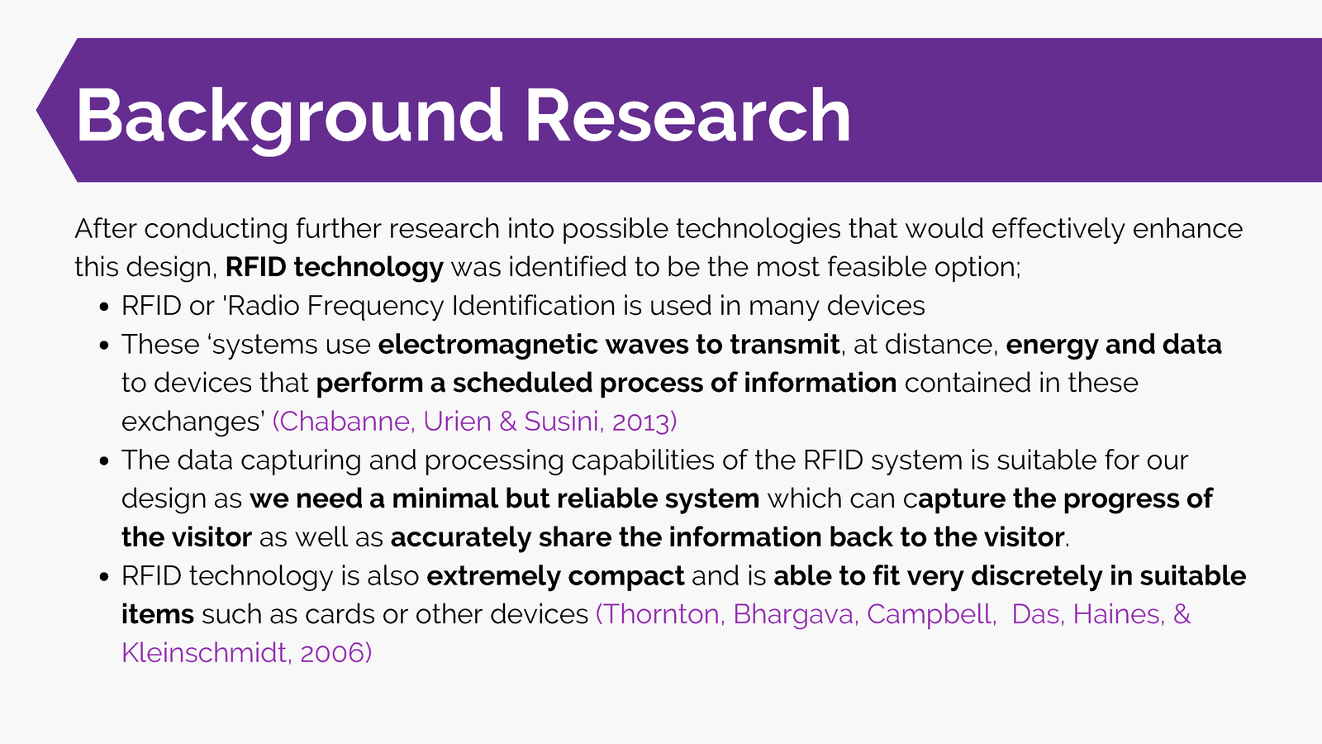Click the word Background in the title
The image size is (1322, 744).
click(x=289, y=117)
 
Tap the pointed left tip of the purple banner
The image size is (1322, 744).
click(x=36, y=110)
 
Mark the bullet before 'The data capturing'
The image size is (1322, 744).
click(x=104, y=461)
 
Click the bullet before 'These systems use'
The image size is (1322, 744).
click(x=104, y=346)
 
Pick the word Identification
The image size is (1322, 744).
click(x=534, y=306)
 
